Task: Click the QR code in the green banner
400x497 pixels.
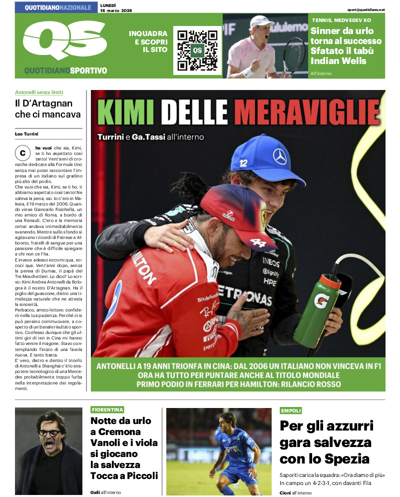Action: coord(197,50)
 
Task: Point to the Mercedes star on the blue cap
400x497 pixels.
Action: coord(280,156)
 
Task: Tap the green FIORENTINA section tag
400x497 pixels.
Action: coord(107,410)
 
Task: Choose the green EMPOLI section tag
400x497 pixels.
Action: coord(291,410)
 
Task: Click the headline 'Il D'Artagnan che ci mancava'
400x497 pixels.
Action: coord(47,109)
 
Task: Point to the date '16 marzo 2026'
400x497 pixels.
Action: coord(116,10)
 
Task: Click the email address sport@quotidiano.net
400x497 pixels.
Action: coord(367,9)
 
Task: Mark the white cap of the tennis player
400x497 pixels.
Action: coord(261,21)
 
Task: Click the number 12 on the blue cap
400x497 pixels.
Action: coord(244,162)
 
